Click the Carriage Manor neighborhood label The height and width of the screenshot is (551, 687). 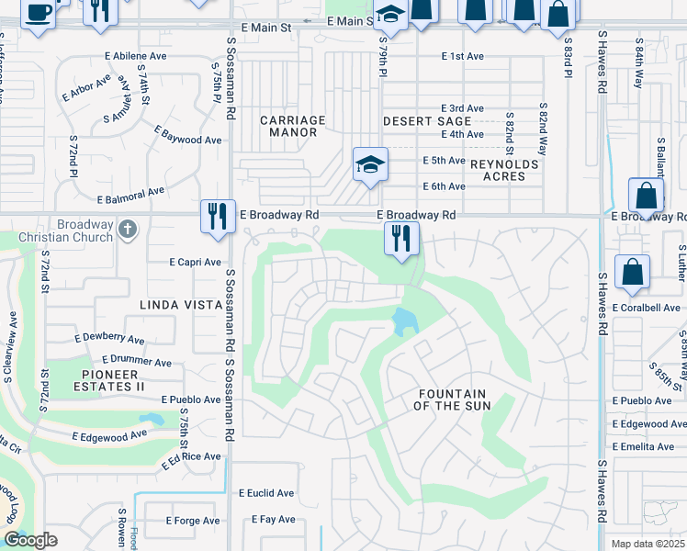[x=292, y=126]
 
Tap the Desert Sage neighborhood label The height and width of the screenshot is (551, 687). [x=414, y=121]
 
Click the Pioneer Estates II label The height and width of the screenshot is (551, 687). [x=109, y=380]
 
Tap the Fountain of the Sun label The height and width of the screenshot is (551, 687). [x=453, y=399]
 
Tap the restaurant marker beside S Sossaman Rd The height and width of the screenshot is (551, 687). [x=218, y=218]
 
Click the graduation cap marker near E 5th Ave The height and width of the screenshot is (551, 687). [x=370, y=165]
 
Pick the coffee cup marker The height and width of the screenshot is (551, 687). [x=38, y=13]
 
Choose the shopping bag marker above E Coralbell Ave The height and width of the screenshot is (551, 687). [x=632, y=273]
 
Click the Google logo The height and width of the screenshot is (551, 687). [x=29, y=540]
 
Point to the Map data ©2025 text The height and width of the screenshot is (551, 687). [x=648, y=544]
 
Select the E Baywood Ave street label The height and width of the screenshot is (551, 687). [x=187, y=135]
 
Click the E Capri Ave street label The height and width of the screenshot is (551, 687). [x=195, y=262]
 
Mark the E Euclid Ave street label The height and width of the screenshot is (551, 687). [x=266, y=493]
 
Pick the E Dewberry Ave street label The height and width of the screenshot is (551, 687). [x=113, y=339]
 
